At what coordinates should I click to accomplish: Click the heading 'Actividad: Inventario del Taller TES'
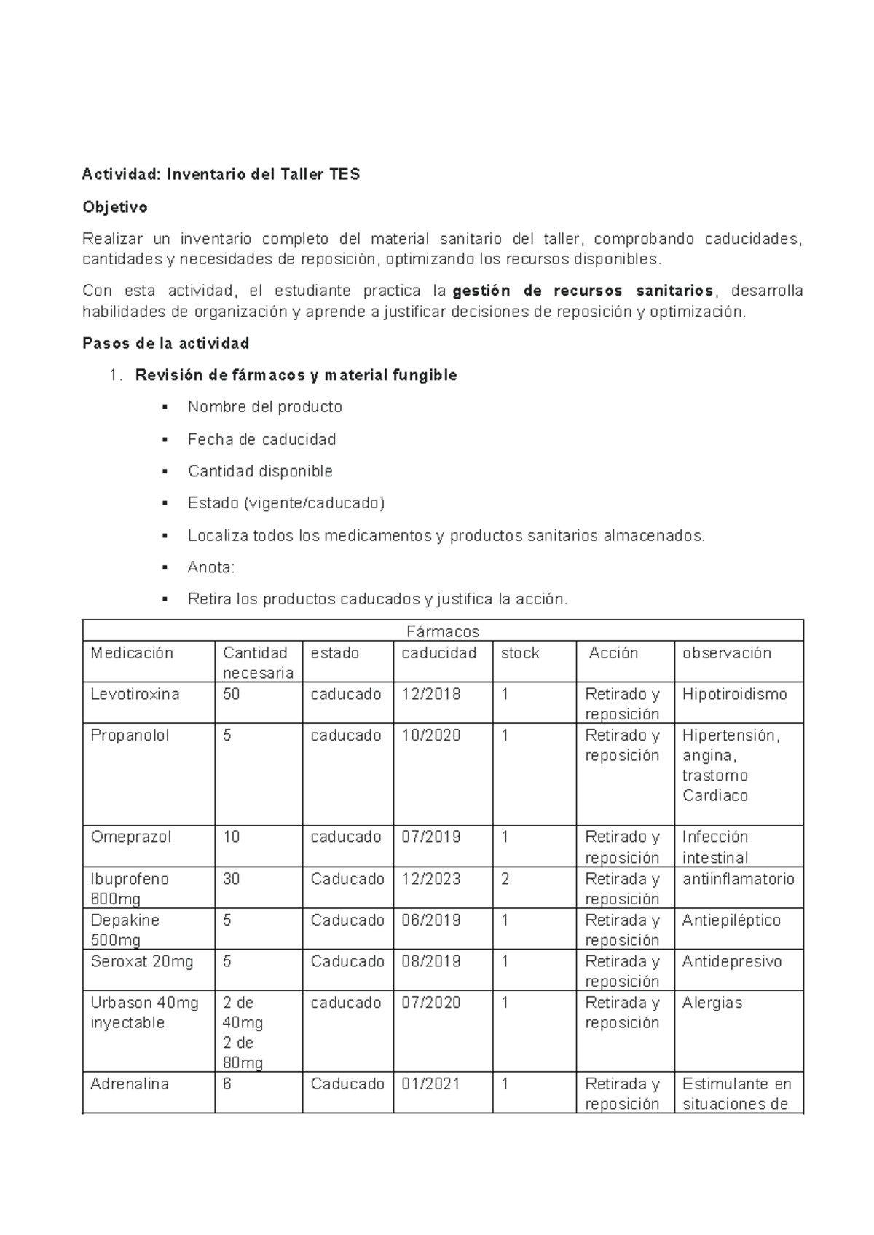coord(221,175)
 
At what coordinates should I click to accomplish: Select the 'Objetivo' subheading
coord(114,208)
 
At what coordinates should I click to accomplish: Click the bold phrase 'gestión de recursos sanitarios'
coord(583,291)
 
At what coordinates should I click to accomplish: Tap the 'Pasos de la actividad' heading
coord(166,343)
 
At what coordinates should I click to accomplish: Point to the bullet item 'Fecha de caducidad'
coord(261,439)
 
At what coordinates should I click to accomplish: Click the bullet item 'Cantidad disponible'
coord(260,471)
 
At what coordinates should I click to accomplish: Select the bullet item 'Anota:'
coord(211,567)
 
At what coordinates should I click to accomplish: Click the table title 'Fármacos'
coord(443,631)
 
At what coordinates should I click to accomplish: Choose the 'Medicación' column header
coord(132,652)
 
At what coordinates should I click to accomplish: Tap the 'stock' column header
coord(520,652)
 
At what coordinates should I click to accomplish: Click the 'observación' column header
coord(726,652)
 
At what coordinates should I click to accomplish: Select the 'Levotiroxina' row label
coord(135,694)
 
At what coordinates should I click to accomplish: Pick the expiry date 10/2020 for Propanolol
coord(431,735)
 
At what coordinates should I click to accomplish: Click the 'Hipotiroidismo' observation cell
coord(734,694)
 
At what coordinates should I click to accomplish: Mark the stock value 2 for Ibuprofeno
coord(505,879)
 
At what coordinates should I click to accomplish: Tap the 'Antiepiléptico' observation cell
coord(731,920)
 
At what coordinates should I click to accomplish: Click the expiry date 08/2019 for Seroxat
coord(431,962)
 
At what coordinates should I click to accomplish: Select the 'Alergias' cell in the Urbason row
coord(712,1003)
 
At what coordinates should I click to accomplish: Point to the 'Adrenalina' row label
coord(129,1084)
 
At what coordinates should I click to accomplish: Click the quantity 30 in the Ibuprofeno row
coord(231,879)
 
